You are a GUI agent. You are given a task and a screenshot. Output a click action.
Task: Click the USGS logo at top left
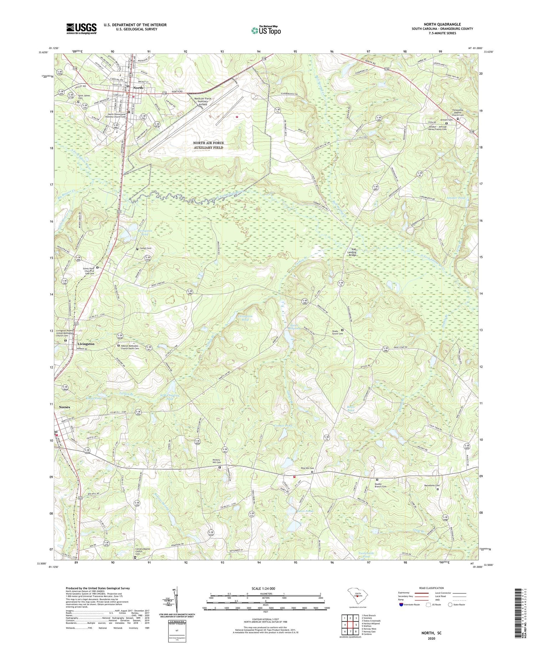(x=81, y=29)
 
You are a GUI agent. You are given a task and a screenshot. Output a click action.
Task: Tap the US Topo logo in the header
(x=266, y=30)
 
